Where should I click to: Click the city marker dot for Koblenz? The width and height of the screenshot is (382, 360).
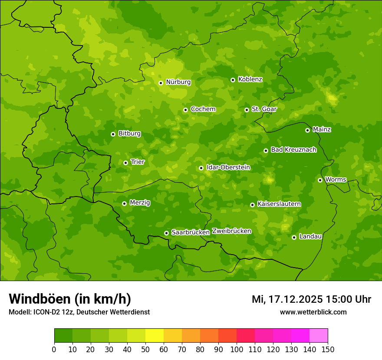233,80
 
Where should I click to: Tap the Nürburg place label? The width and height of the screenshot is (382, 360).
178,82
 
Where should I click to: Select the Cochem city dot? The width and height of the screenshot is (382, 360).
185,110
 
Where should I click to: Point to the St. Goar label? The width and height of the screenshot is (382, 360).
264,109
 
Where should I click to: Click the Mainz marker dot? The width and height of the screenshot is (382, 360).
307,130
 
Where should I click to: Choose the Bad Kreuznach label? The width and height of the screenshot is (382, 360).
293,150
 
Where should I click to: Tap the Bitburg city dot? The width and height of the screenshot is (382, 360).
113,134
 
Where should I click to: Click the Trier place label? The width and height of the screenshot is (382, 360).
138,162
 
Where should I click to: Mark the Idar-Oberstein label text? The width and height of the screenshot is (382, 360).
228,167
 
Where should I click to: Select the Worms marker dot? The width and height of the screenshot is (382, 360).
320,180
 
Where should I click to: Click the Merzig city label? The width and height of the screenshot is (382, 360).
140,203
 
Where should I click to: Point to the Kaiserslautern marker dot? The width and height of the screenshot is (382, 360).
252,205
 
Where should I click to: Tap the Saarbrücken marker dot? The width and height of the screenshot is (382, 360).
166,233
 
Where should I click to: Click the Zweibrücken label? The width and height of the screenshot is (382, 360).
231,231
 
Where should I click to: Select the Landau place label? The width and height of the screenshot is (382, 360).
310,236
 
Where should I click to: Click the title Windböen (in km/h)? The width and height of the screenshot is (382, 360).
70,299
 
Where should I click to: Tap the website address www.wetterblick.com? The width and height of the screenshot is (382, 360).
313,312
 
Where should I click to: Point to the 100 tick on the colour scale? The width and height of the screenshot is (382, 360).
237,349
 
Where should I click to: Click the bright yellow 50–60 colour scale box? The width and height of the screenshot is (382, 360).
155,336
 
